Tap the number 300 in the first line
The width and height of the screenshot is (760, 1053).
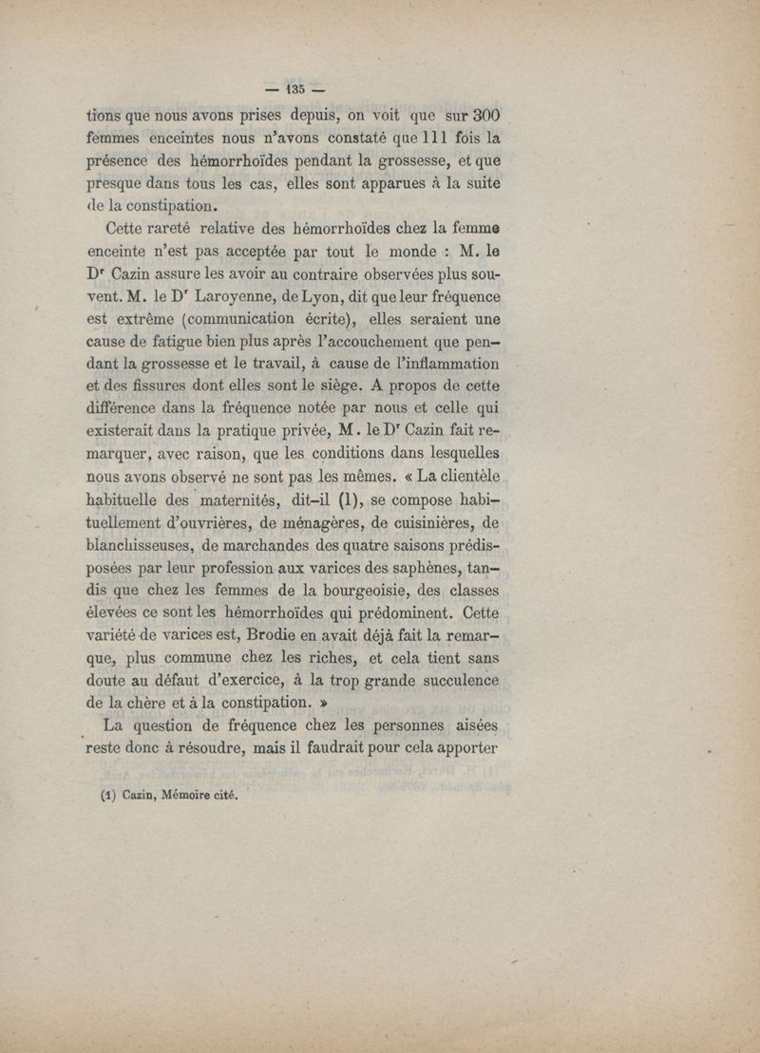(485, 117)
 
